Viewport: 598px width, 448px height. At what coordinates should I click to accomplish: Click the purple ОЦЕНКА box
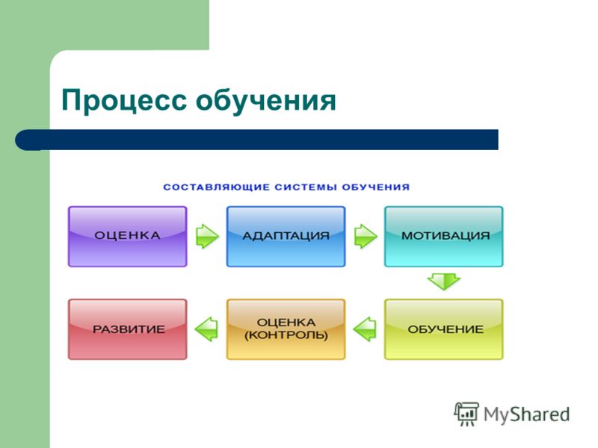click(x=127, y=237)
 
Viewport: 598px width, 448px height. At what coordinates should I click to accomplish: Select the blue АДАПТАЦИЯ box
click(x=286, y=237)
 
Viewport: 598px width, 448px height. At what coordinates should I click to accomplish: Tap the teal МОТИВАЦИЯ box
click(x=444, y=237)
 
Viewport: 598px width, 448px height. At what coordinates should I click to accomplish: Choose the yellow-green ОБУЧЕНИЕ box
click(x=444, y=329)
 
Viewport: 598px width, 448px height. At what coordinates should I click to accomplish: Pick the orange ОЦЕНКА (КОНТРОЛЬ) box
click(x=286, y=329)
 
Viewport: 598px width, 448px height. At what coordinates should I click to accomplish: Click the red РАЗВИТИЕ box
click(x=127, y=329)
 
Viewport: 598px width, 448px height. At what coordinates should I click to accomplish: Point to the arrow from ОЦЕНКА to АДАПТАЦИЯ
click(x=207, y=236)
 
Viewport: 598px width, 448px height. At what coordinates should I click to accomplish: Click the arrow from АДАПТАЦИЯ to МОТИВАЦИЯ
click(x=366, y=236)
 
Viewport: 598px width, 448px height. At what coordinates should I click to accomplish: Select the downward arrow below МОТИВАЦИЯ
click(x=444, y=281)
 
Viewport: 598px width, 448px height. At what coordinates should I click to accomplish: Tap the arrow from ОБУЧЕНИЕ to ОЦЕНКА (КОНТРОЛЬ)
click(x=365, y=329)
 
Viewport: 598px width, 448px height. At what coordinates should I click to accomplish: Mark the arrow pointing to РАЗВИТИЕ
click(x=206, y=329)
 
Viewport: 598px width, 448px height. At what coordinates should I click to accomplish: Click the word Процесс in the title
click(x=124, y=101)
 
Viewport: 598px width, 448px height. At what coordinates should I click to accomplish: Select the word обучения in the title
click(x=266, y=101)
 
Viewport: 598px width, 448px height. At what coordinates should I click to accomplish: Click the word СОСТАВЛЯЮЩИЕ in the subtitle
click(x=216, y=187)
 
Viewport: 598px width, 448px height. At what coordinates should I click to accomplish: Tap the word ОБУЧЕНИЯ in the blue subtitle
click(x=376, y=187)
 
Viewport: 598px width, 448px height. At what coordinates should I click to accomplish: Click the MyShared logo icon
click(x=466, y=414)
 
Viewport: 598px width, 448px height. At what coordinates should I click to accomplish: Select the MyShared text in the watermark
click(x=527, y=414)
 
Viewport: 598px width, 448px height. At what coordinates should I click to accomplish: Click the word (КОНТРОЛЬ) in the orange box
click(x=286, y=335)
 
